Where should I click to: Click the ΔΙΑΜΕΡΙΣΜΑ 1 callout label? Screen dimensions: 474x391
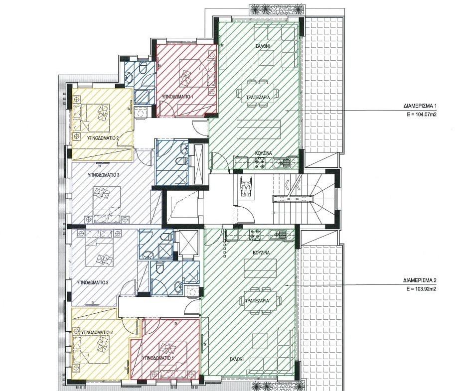(420, 106)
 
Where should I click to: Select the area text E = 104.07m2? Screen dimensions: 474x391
(422, 115)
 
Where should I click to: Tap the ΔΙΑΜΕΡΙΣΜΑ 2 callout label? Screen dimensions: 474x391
(420, 280)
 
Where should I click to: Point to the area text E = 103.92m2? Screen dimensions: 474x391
(421, 288)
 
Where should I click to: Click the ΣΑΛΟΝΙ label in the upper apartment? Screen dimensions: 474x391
(263, 46)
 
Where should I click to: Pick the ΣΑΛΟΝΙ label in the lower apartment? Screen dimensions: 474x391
(236, 359)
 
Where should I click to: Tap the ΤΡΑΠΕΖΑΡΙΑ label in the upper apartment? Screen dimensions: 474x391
(258, 97)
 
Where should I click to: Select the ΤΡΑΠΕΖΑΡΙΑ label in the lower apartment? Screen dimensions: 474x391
(258, 301)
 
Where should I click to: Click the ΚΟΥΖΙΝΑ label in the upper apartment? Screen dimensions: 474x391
(263, 153)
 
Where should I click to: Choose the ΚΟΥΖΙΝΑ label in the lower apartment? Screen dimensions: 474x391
(261, 253)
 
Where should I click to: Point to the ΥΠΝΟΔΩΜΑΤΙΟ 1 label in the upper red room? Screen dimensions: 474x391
(177, 97)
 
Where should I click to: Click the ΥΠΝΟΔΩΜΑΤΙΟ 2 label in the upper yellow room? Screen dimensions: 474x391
(103, 138)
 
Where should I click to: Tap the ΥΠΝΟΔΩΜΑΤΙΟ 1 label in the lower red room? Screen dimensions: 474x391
(158, 358)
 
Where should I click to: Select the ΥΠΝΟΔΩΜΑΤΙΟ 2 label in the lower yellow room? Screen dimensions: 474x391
(97, 332)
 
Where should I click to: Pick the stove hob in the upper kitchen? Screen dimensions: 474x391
(259, 163)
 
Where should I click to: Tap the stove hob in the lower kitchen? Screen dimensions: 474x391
(255, 235)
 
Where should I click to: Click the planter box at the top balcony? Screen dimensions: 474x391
(276, 9)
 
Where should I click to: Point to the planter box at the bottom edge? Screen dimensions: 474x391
(278, 387)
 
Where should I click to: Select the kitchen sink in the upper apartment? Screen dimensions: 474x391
(282, 163)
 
